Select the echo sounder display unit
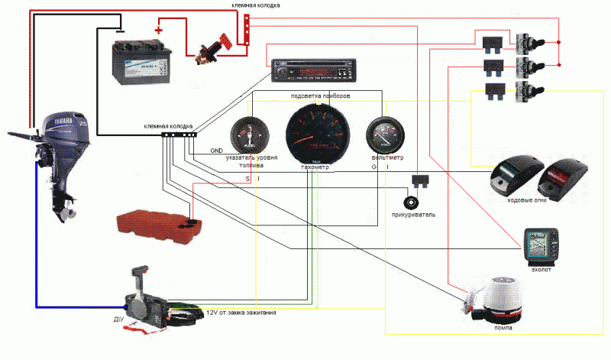pos(544,245)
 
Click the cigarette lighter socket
pos(414,203)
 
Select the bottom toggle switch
pos(525,93)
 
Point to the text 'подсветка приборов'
pos(321,96)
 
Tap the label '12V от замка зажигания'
pos(241,313)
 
